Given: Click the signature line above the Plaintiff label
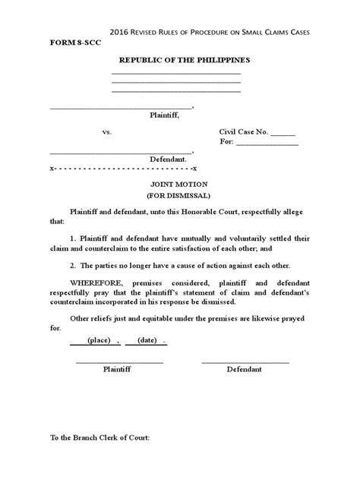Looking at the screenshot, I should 119,362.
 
